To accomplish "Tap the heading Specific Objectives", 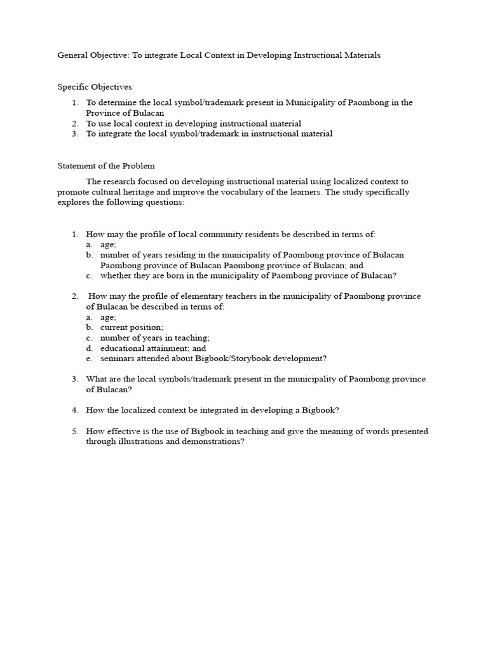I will coord(95,86).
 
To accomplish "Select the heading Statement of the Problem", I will coord(106,165).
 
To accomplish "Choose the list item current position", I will coord(132,327).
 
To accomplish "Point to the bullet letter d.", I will coord(90,348).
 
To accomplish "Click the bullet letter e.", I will coord(90,358).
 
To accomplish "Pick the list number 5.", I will coord(74,431).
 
